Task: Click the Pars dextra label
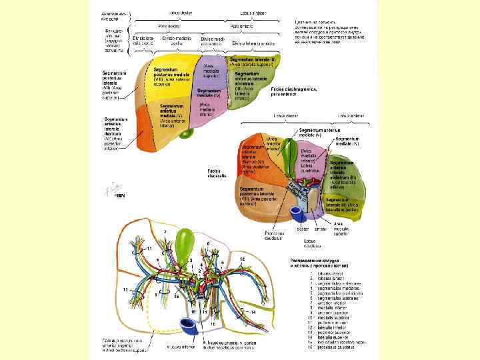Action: point(167,26)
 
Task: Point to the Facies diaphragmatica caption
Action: point(294,91)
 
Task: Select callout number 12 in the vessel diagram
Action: point(243,258)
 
